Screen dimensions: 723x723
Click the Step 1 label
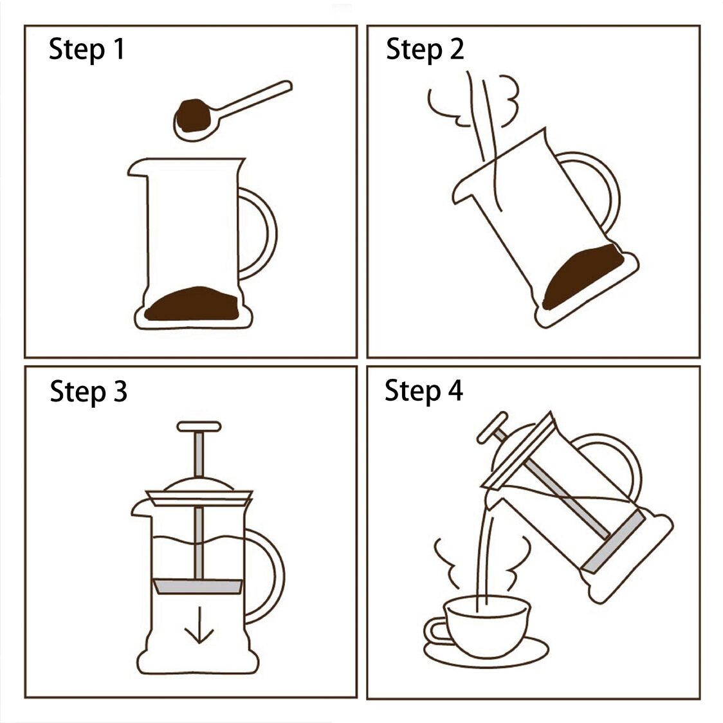[x=87, y=50]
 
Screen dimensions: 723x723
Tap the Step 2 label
[x=425, y=50]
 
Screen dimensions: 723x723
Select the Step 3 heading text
[x=89, y=391]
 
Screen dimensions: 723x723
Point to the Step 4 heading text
[x=424, y=390]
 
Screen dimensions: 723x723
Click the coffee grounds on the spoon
[x=191, y=116]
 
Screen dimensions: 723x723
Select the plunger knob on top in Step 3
[x=199, y=426]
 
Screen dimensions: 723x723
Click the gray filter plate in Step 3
[x=197, y=587]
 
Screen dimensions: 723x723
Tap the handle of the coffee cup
[x=434, y=631]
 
